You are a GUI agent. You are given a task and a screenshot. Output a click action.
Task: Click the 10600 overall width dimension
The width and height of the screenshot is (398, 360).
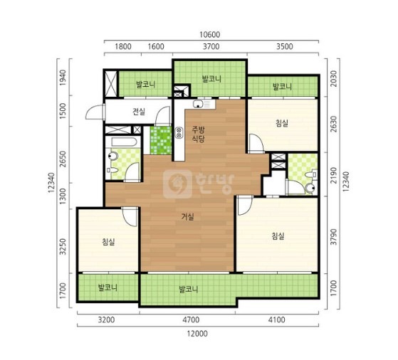click(x=209, y=34)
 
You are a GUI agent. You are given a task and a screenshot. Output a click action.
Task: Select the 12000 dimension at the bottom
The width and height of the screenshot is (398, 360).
click(x=197, y=334)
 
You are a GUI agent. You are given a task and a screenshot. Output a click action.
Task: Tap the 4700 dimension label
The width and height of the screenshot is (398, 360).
click(x=191, y=320)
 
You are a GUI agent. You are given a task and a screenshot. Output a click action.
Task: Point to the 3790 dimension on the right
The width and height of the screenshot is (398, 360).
click(x=334, y=237)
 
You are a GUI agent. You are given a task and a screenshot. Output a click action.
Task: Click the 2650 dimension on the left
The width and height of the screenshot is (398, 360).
click(x=63, y=159)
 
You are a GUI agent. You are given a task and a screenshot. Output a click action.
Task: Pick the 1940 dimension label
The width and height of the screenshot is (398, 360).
click(x=63, y=78)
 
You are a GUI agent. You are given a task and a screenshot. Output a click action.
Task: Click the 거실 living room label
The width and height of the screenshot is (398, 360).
click(x=188, y=217)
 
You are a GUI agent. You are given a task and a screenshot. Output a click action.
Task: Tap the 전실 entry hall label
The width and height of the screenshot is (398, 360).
click(x=139, y=112)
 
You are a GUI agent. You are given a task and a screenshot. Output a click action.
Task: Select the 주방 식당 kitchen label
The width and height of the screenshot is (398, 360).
click(x=198, y=134)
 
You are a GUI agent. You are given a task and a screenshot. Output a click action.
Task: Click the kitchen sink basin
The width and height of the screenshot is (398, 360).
click(x=198, y=104)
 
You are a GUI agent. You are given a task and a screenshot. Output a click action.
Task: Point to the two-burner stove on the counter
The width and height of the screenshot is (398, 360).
click(x=179, y=132)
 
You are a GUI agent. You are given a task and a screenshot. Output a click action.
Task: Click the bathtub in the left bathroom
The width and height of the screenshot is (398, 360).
click(x=125, y=142)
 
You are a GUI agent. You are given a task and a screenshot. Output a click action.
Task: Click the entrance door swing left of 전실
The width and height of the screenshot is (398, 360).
click(x=95, y=112)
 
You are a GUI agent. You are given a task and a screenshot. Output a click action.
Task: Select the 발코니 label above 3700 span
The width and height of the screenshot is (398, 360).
click(x=211, y=79)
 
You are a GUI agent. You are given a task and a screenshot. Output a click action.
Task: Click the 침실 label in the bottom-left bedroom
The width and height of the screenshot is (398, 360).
click(x=108, y=242)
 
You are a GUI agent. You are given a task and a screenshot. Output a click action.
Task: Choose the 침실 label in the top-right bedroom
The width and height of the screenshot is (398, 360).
click(x=282, y=123)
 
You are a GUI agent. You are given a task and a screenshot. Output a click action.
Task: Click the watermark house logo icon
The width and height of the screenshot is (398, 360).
click(x=177, y=184)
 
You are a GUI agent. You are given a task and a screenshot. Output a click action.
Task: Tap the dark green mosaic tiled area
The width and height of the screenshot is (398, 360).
click(x=161, y=141)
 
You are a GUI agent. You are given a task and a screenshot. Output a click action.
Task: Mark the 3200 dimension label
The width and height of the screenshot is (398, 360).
click(x=106, y=320)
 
